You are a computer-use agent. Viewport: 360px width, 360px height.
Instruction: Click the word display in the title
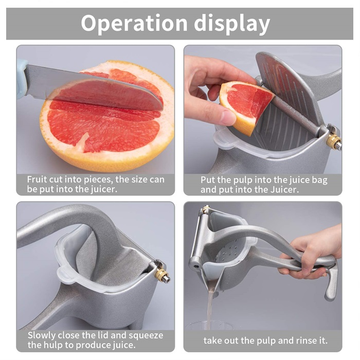point(234,24)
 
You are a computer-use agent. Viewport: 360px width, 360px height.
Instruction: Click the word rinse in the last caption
point(301,340)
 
